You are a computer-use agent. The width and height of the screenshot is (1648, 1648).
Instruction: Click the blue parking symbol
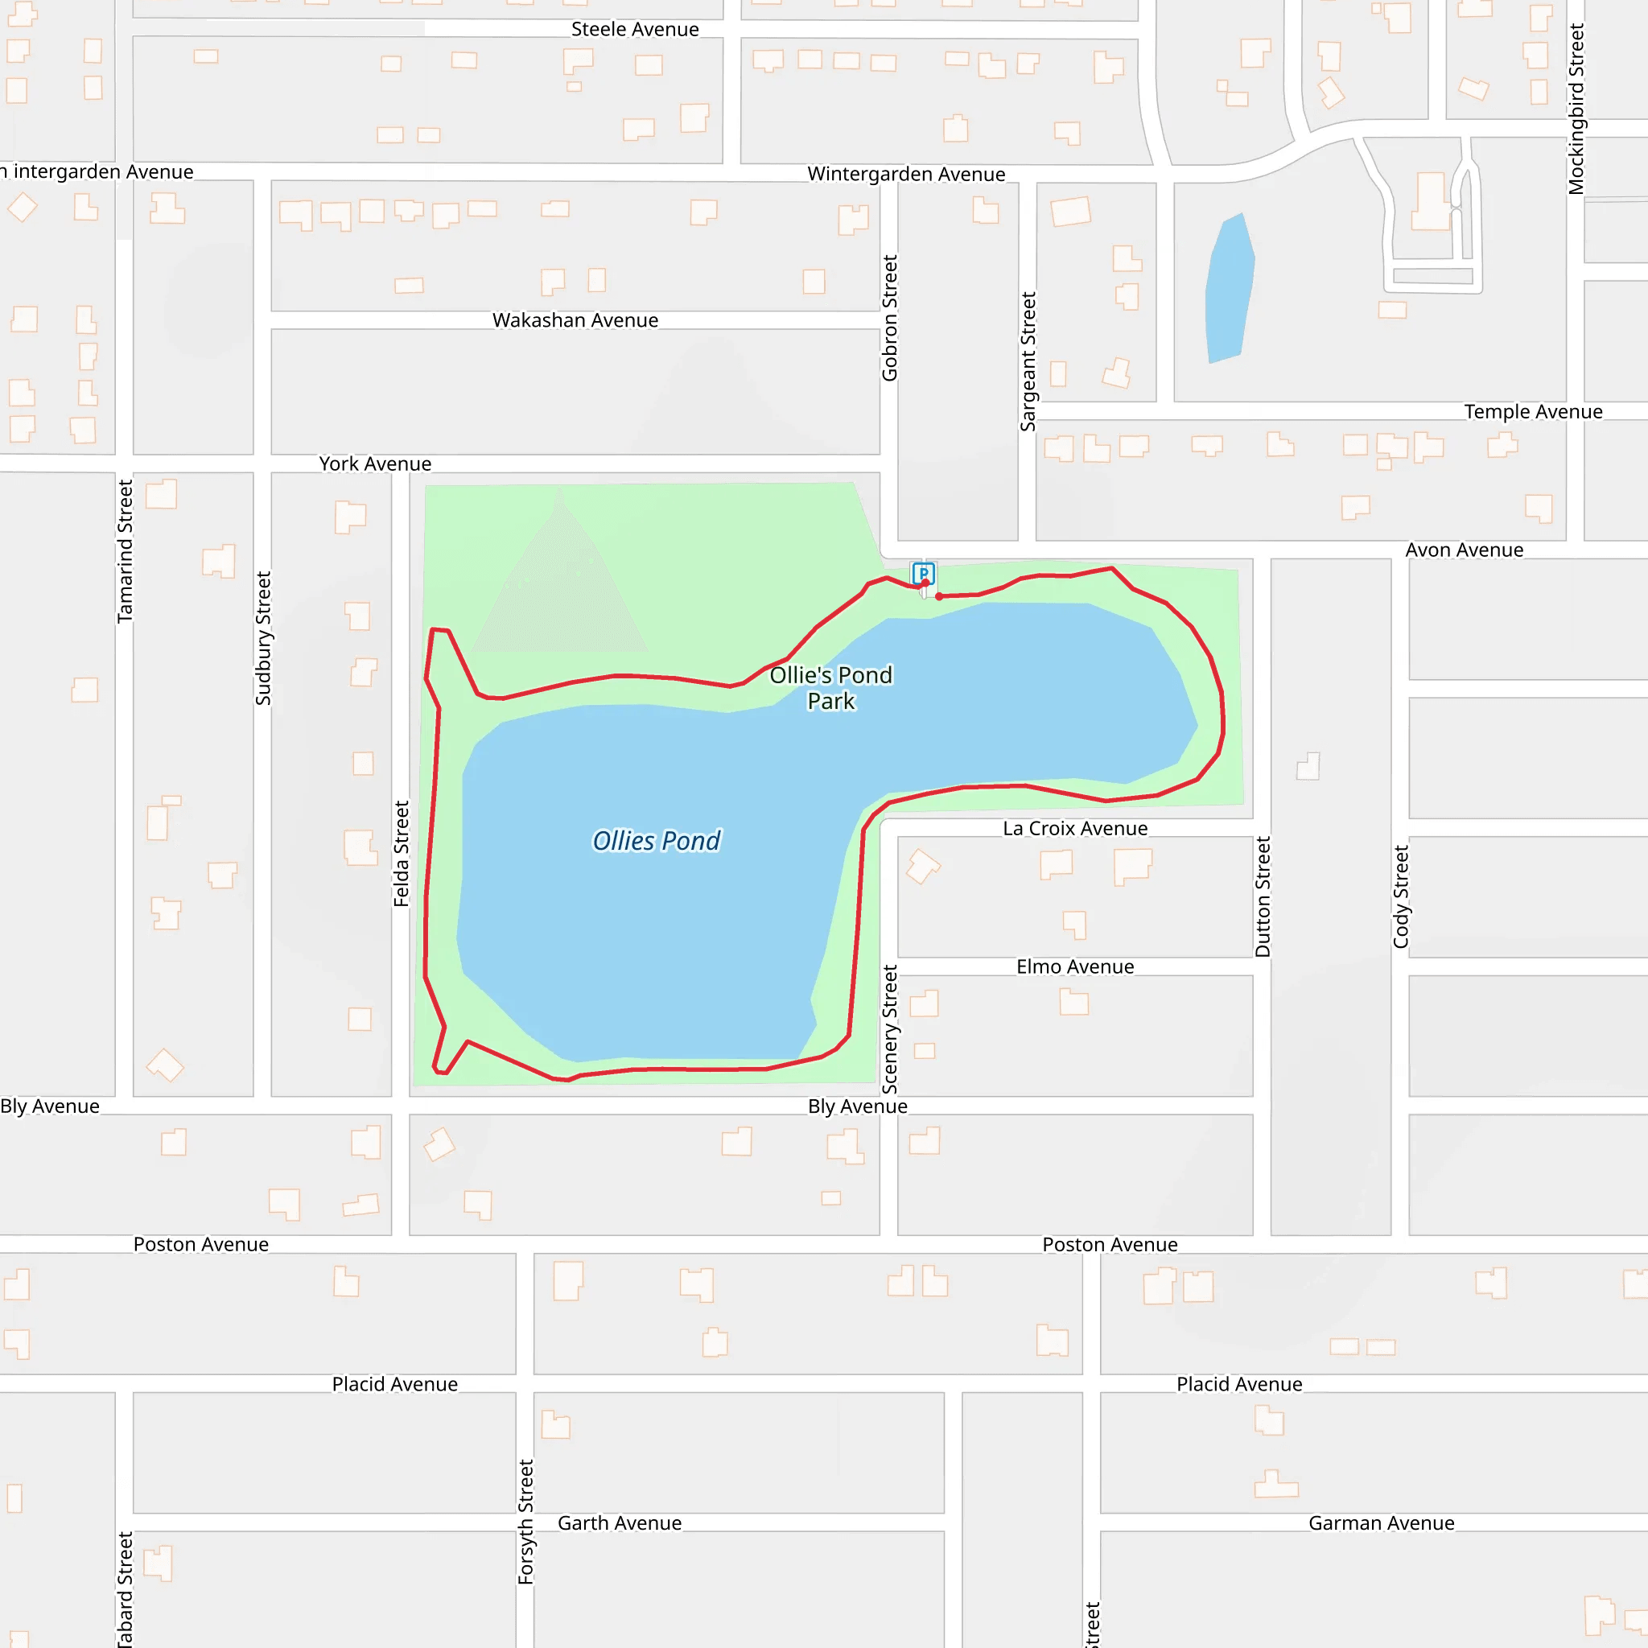point(923,573)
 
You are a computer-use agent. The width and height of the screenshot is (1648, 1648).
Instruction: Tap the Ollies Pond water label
point(656,841)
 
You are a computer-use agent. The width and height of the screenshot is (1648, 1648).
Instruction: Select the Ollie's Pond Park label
point(830,687)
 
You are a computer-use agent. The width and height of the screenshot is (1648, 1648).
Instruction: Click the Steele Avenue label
point(635,30)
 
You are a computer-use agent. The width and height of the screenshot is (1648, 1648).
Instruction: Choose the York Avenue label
point(375,464)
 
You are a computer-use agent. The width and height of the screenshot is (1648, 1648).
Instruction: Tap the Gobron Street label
point(890,318)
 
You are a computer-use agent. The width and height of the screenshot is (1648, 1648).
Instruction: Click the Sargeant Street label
point(1028,361)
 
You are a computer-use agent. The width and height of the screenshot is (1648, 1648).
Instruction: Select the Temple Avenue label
point(1533,412)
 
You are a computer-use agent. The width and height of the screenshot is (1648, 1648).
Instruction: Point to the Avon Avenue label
point(1464,550)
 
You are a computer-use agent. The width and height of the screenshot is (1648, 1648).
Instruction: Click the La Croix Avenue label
point(1075,828)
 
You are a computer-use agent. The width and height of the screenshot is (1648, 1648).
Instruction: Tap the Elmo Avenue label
point(1075,966)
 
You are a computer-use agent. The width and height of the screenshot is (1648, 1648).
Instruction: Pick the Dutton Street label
point(1263,896)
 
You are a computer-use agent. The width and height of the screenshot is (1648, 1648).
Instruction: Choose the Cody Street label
point(1401,896)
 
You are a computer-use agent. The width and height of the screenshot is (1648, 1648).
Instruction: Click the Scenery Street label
point(890,1028)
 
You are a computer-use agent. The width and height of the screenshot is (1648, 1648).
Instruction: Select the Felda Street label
point(401,853)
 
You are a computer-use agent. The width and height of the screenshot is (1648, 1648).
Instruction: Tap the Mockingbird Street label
point(1576,109)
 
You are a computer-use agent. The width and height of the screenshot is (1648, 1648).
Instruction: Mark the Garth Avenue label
point(620,1523)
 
